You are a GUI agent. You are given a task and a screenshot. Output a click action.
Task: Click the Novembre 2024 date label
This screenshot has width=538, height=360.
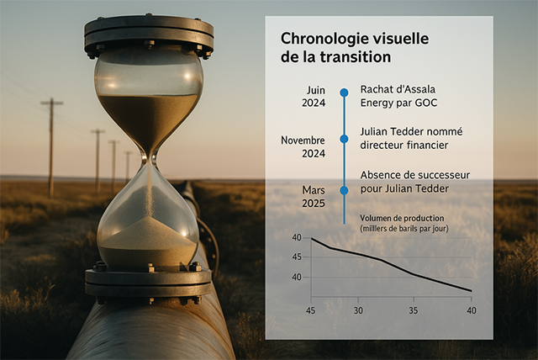click(x=303, y=146)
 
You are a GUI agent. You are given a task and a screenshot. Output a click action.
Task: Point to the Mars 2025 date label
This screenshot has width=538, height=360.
click(x=313, y=197)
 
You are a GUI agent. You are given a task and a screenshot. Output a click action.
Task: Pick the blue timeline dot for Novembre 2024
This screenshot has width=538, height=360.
click(x=344, y=139)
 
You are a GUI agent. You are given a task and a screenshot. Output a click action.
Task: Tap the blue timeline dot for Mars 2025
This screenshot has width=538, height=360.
click(x=344, y=191)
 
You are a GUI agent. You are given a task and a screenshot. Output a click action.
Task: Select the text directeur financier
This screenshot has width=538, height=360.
click(x=403, y=146)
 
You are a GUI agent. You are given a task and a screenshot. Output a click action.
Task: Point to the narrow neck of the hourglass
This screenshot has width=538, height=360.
click(x=149, y=156)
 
